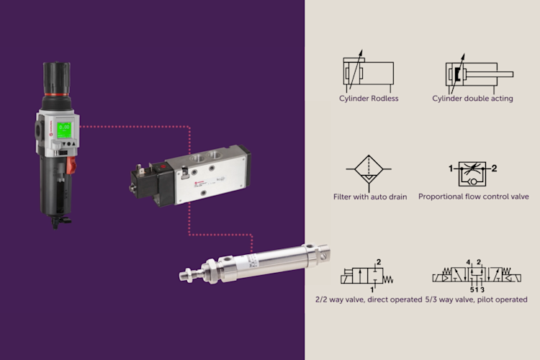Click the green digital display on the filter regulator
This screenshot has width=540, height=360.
click(x=64, y=130)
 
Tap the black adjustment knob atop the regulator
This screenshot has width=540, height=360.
click(x=57, y=78)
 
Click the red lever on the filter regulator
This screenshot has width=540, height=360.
click(x=71, y=166)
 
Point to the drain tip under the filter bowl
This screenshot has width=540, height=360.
click(x=56, y=222)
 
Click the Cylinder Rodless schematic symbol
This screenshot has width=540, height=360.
click(x=368, y=71)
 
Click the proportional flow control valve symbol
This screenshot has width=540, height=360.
click(x=472, y=174)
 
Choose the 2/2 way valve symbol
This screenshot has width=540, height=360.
click(x=367, y=276)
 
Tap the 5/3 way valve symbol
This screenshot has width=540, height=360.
click(x=477, y=276)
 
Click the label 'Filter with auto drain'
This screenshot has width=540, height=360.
click(x=370, y=197)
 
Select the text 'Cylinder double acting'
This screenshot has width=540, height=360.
click(x=472, y=99)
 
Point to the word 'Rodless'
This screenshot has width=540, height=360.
click(x=384, y=99)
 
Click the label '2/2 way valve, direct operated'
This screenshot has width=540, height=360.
click(x=369, y=300)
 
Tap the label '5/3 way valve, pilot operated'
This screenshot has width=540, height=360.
click(x=477, y=300)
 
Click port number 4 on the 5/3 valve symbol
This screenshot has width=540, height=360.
click(x=468, y=262)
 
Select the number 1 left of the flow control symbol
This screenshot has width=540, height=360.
click(x=451, y=168)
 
